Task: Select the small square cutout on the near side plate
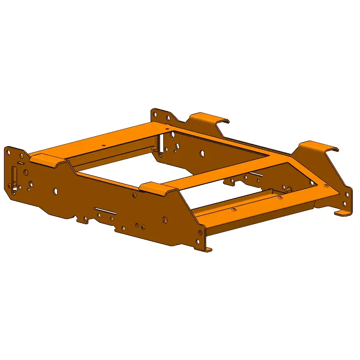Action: pos(30,184)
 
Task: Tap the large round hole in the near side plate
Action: pos(56,191)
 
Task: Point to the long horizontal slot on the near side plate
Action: pos(106,210)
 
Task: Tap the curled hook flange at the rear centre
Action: pos(209,117)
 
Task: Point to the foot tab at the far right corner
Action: pos(342,213)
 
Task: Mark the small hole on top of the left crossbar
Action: pos(103,145)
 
